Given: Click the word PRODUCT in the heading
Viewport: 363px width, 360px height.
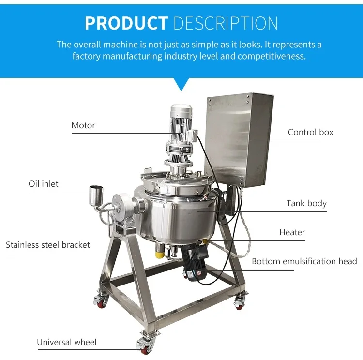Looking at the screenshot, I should [x=126, y=23].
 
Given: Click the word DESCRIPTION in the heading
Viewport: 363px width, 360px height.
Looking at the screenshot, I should [x=226, y=23].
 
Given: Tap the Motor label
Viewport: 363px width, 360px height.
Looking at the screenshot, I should [x=83, y=125].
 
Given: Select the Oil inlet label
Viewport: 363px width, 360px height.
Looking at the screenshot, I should [x=44, y=184].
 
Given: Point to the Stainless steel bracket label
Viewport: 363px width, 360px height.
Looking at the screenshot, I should [x=48, y=245].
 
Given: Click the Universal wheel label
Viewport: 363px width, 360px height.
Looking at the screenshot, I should [x=67, y=342].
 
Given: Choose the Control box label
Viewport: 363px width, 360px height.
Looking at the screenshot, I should [x=310, y=132].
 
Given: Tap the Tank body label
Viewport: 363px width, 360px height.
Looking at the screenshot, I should [x=306, y=203].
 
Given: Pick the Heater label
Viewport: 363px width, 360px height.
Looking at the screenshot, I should [x=292, y=232].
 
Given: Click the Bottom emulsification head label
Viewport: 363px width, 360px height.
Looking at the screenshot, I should [x=304, y=261].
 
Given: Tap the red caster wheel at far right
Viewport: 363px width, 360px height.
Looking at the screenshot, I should [x=239, y=303].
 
